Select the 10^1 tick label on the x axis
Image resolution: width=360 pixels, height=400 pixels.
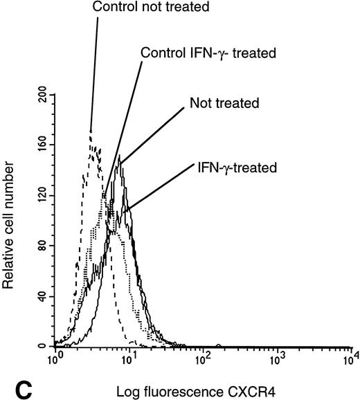(x=130, y=359)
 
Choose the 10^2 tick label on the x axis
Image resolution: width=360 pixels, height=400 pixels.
(x=204, y=359)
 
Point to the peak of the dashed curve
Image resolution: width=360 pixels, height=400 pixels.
(x=91, y=129)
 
